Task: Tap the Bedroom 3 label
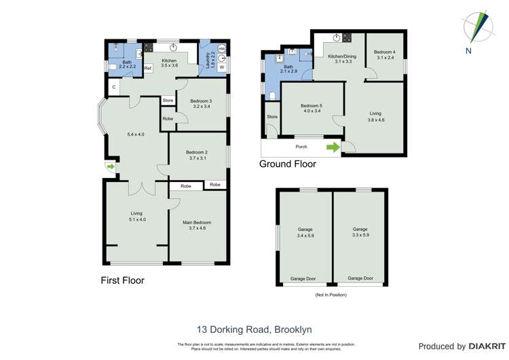pyautogui.click(x=202, y=103)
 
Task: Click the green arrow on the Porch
pyautogui.click(x=333, y=147)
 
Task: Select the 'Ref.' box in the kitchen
pyautogui.click(x=148, y=68)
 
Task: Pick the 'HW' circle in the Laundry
pyautogui.click(x=222, y=48)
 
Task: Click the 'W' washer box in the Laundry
pyautogui.click(x=222, y=67)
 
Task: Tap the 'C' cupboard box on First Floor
pyautogui.click(x=113, y=88)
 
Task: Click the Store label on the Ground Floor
pyautogui.click(x=272, y=117)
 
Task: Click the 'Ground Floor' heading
pyautogui.click(x=288, y=164)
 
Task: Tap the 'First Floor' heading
pyautogui.click(x=122, y=280)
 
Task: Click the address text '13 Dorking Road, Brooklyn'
pyautogui.click(x=254, y=329)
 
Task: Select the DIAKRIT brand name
pyautogui.click(x=485, y=346)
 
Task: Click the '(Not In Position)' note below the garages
pyautogui.click(x=331, y=295)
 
